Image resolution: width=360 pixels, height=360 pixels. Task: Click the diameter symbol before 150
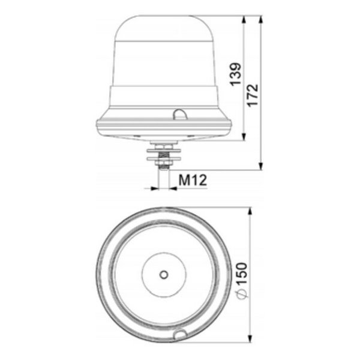[x=241, y=292]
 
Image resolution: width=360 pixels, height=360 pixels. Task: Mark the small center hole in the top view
[x=164, y=274]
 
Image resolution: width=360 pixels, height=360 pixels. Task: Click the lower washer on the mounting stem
[x=164, y=158]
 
